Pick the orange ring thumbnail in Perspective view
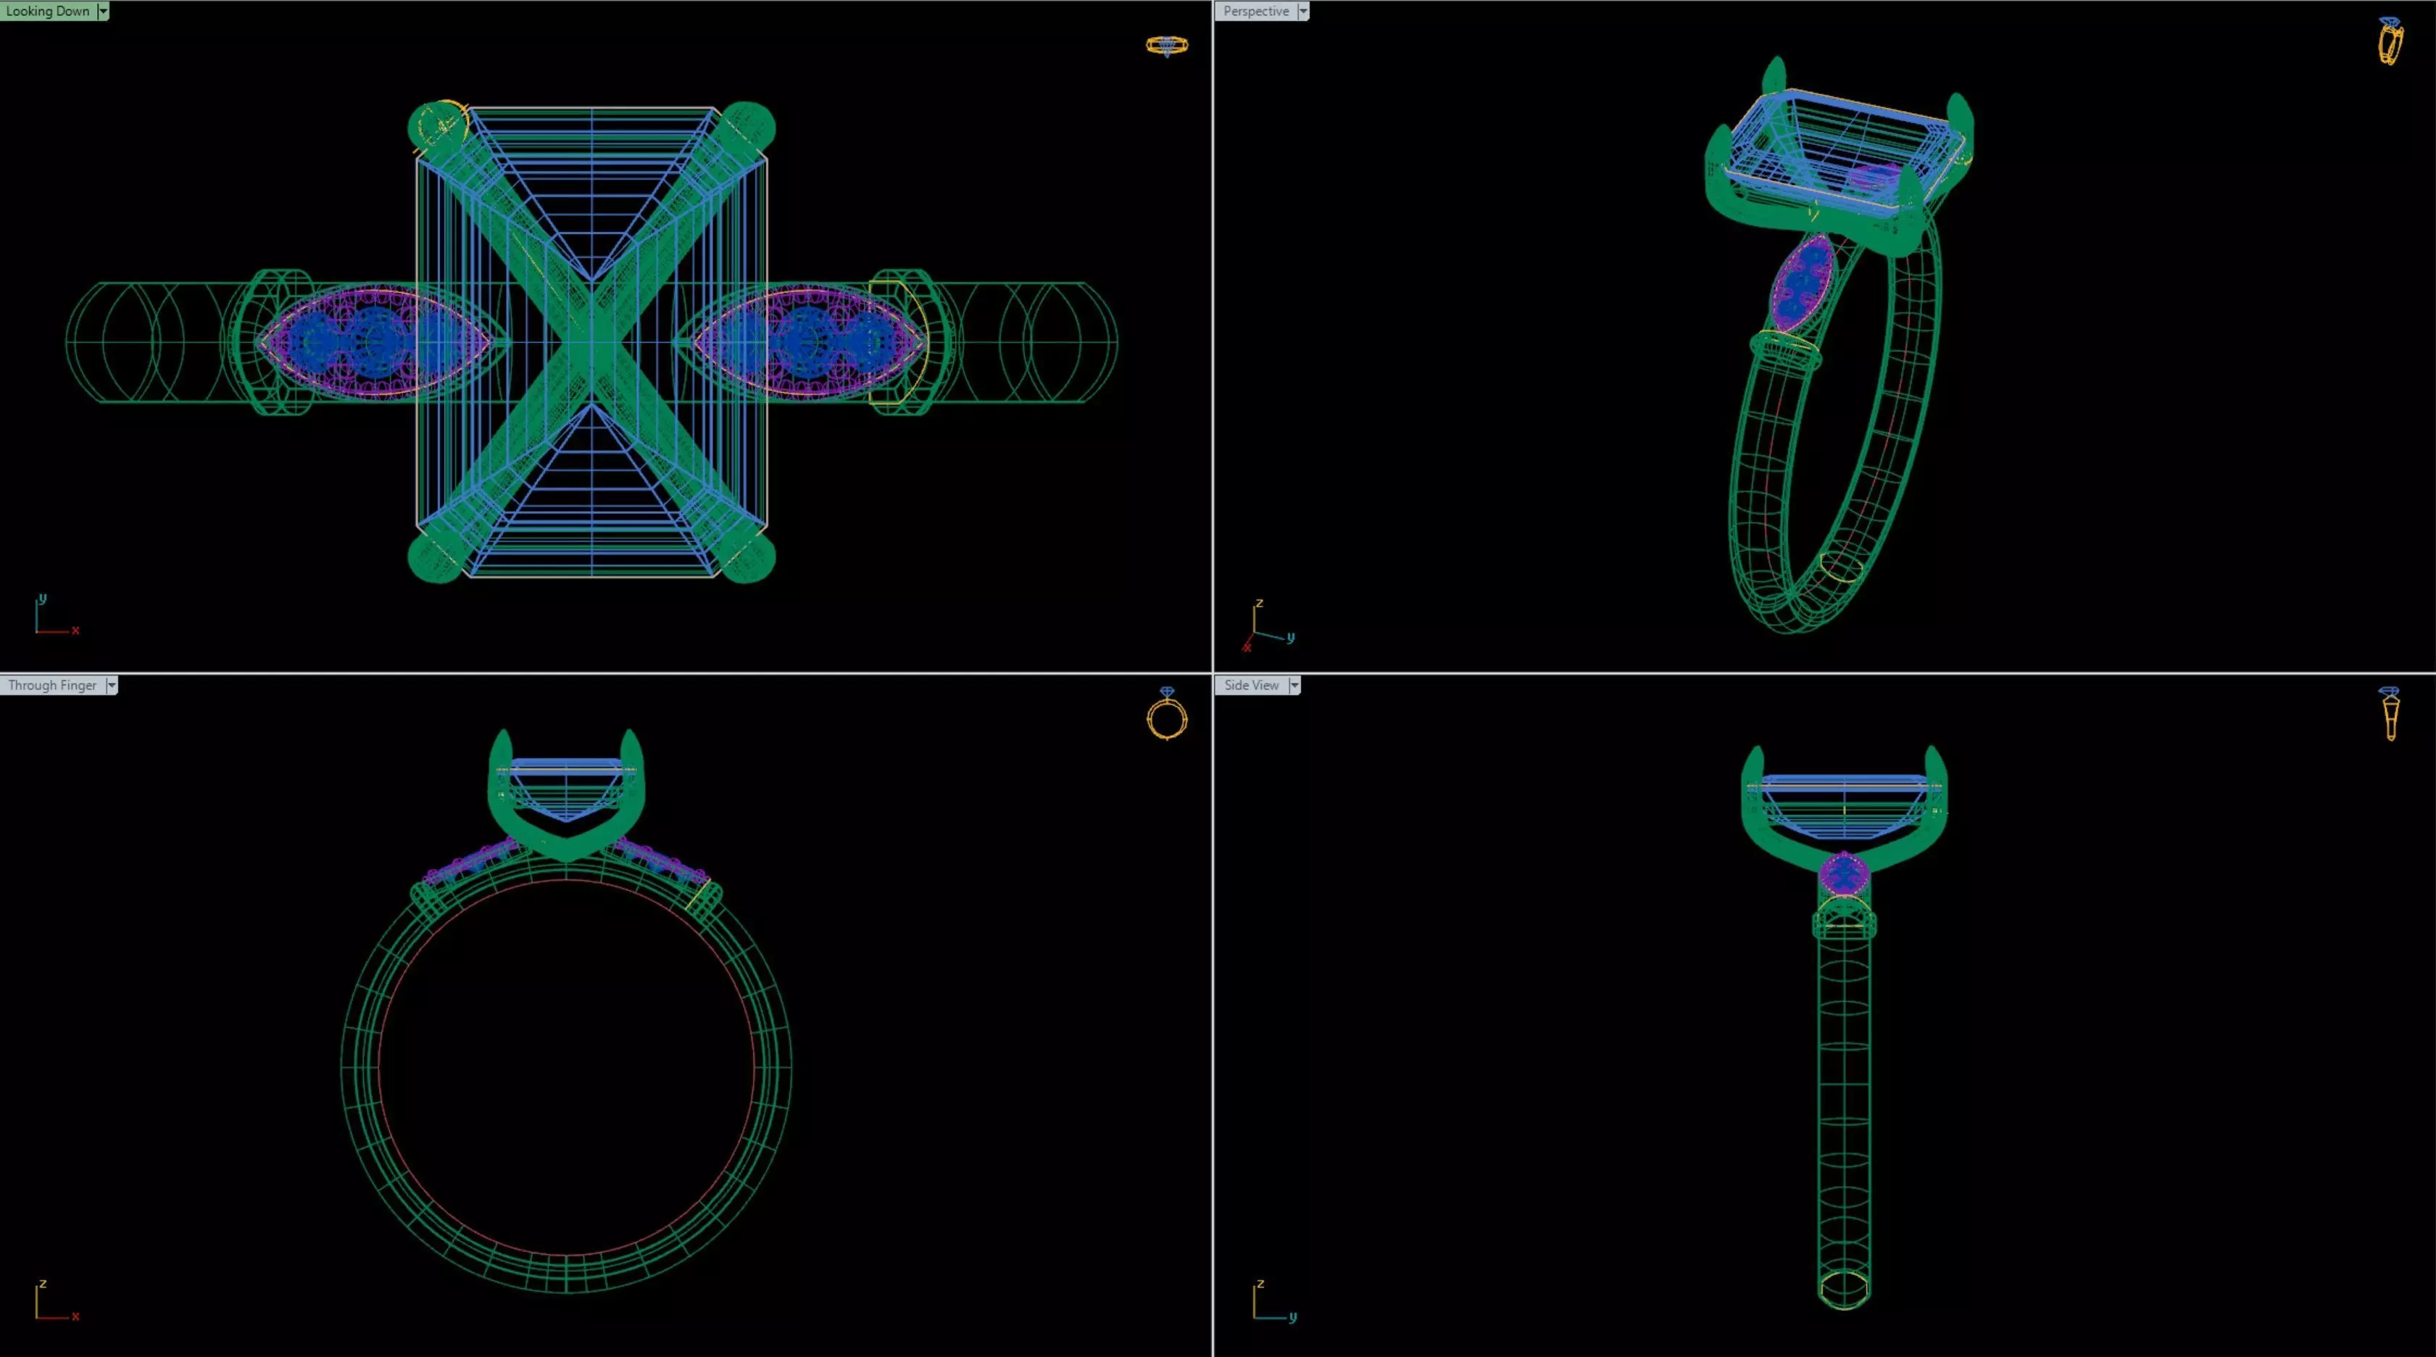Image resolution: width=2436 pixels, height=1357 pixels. point(2390,41)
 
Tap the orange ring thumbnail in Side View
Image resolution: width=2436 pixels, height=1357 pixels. point(2390,715)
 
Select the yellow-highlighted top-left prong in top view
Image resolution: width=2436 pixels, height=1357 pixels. point(438,126)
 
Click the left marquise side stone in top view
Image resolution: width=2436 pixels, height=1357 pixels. point(375,341)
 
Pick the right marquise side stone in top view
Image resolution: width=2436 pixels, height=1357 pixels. point(807,341)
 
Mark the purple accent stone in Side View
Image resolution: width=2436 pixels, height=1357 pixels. point(1843,875)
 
